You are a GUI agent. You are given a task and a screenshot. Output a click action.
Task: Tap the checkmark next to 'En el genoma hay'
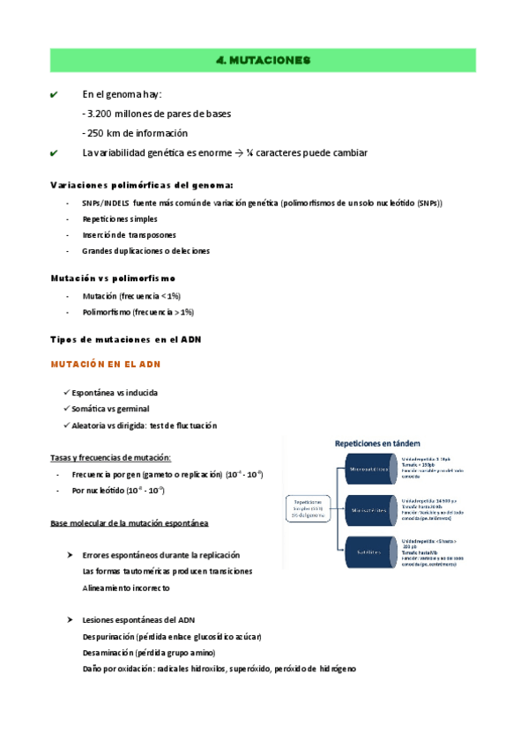pyautogui.click(x=55, y=94)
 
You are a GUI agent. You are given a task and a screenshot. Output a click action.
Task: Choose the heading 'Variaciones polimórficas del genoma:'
pyautogui.click(x=142, y=185)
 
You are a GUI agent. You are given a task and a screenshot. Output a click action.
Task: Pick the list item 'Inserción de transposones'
pyautogui.click(x=129, y=234)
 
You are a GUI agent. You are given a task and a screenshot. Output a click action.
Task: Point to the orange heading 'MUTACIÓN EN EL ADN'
pyautogui.click(x=105, y=364)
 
